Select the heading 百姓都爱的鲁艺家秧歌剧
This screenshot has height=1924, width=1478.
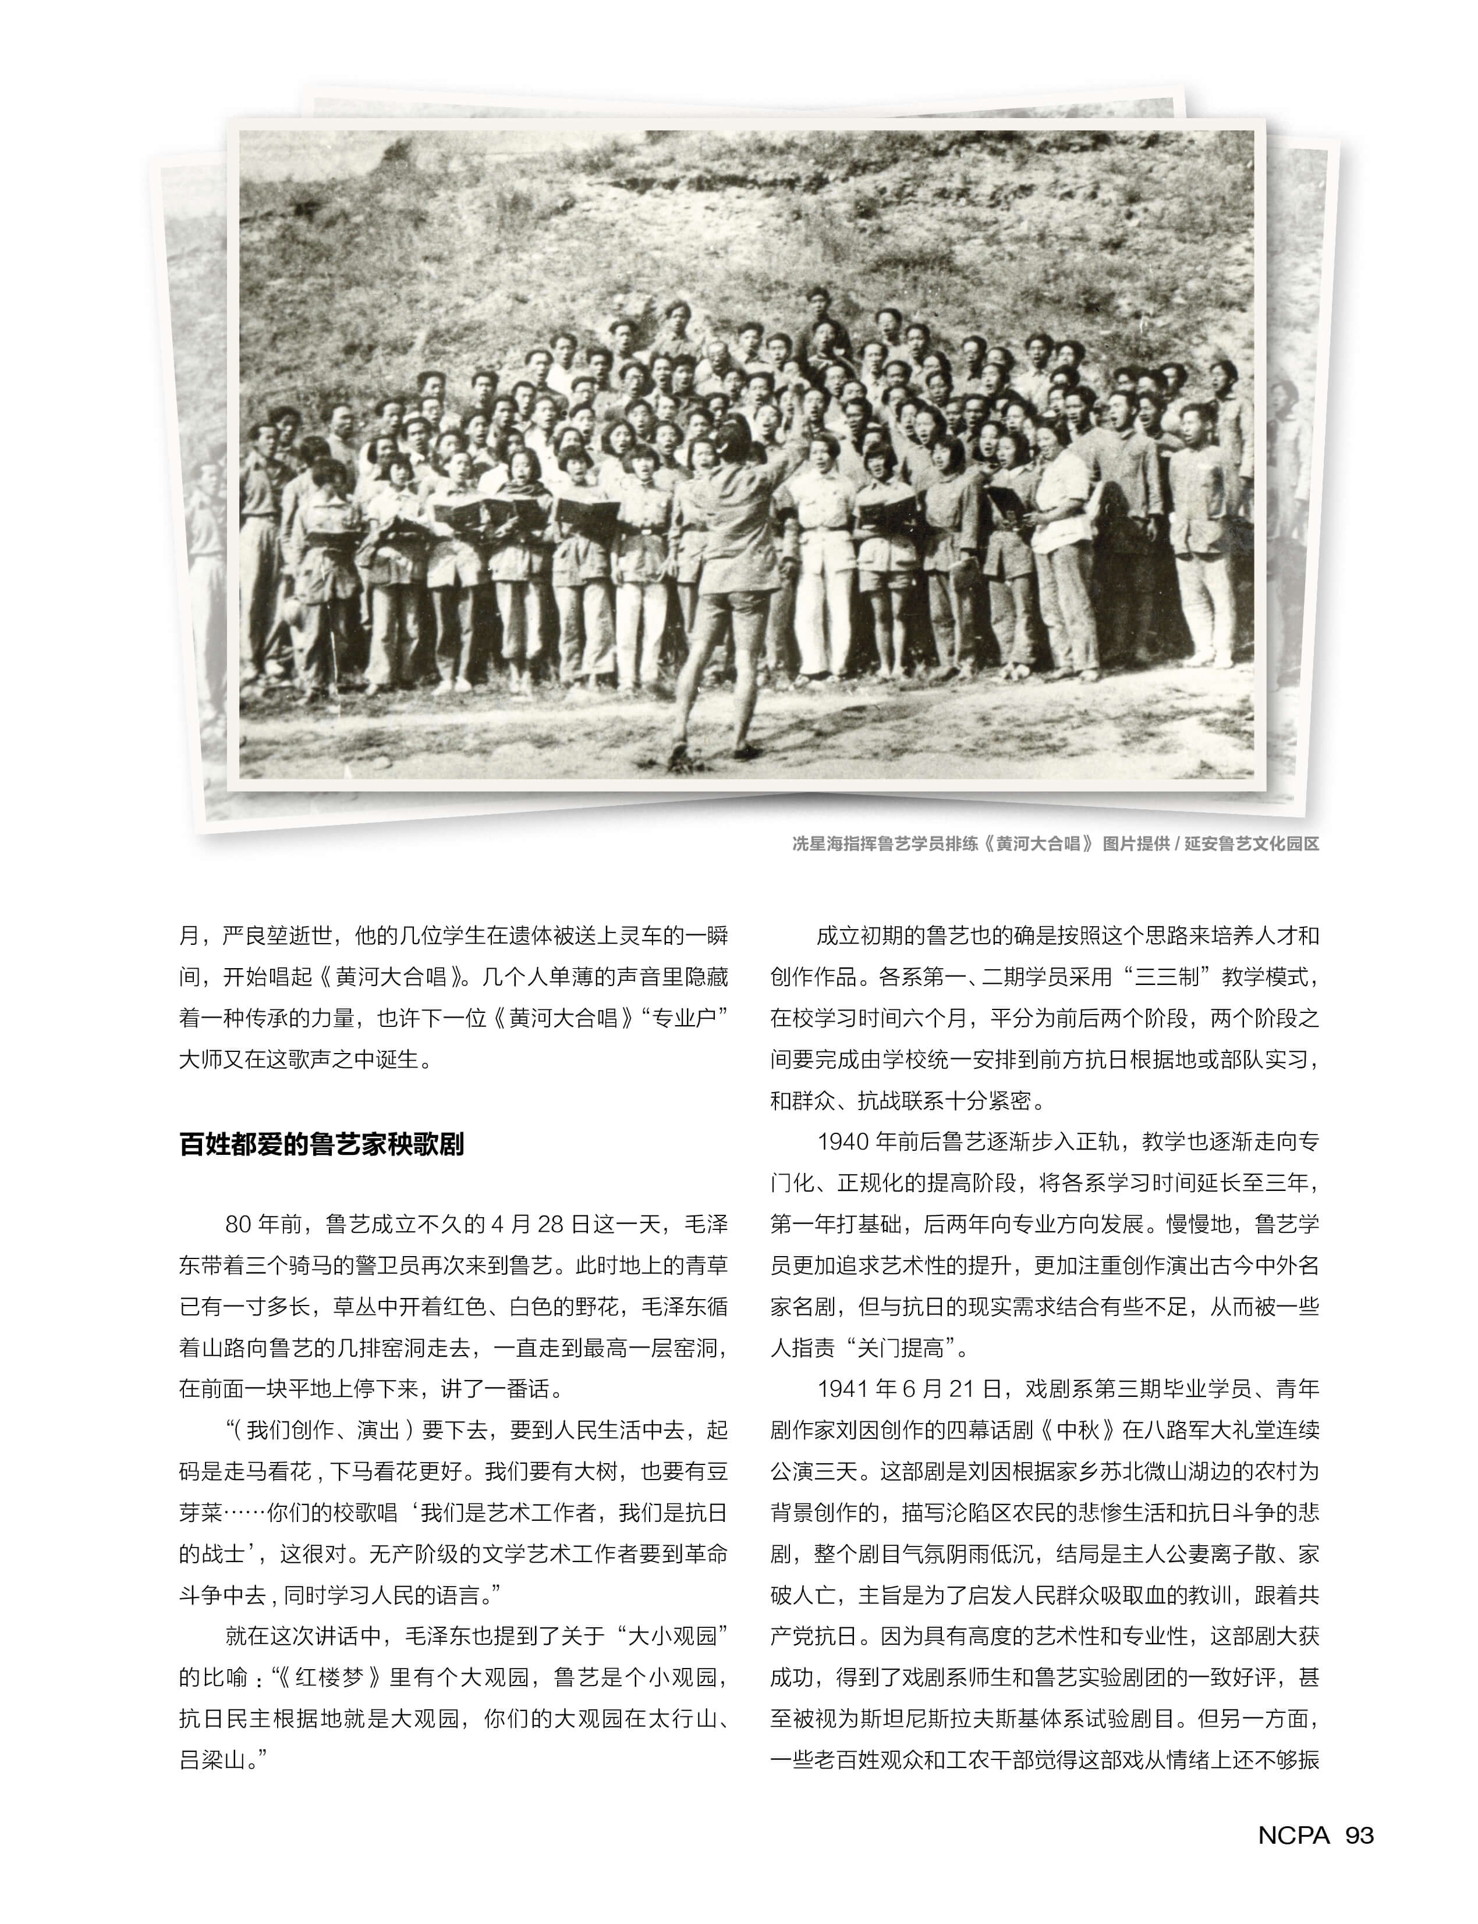click(x=321, y=1145)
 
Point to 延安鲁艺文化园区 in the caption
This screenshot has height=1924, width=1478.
click(x=1251, y=844)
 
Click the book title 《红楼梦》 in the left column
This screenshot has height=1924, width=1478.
click(x=328, y=1678)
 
